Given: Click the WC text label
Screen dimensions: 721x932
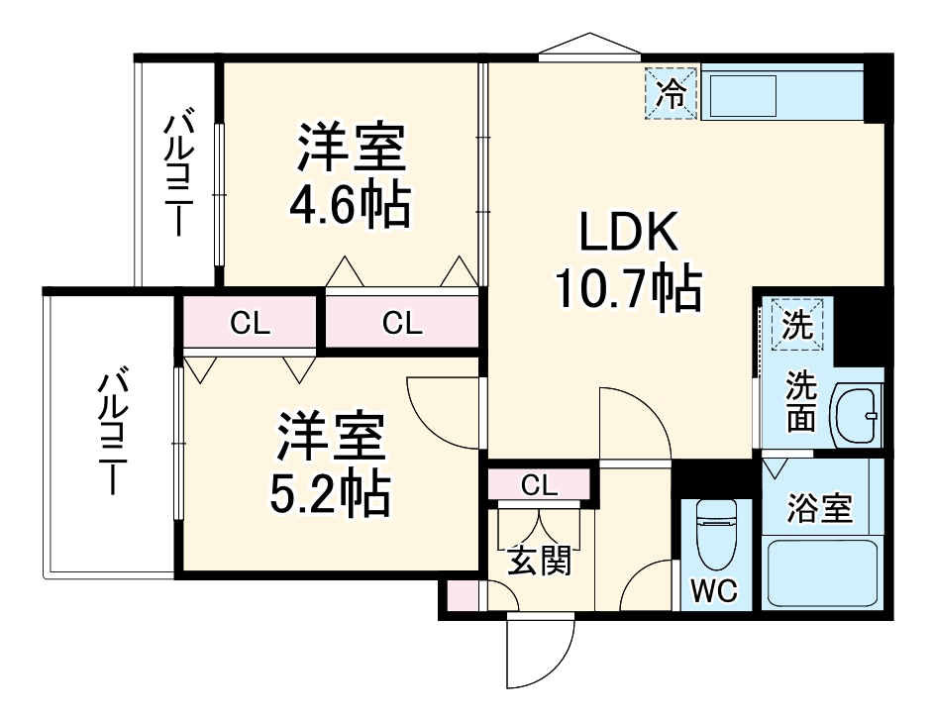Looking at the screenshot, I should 713,591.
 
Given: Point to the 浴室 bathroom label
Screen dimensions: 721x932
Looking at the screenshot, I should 819,508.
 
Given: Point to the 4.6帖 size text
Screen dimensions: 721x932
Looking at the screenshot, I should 349,205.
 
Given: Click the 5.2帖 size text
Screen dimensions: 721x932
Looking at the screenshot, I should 330,491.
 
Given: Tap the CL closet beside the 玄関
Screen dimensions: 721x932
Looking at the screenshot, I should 540,484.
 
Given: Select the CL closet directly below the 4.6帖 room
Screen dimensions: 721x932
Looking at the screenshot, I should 402,322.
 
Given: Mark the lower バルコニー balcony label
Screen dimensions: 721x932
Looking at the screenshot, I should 111,433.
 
